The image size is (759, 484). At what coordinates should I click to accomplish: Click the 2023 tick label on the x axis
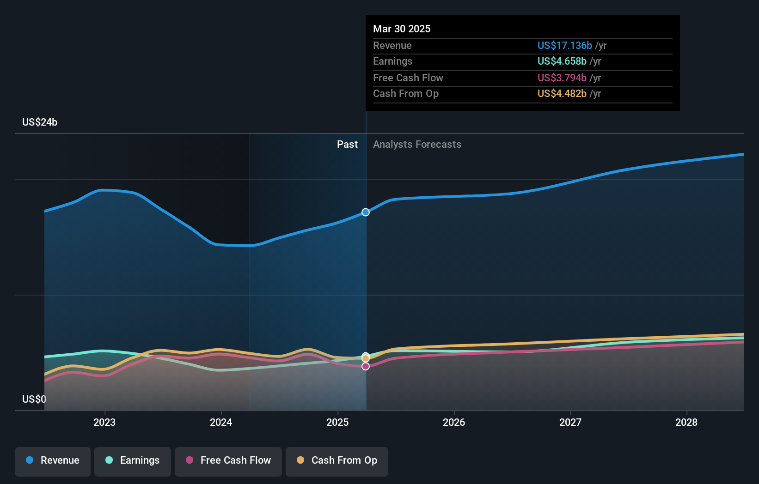coord(104,422)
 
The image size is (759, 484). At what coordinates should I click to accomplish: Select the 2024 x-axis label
coord(221,422)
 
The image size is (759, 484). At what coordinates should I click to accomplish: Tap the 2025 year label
coord(337,422)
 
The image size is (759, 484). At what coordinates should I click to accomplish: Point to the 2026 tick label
coord(454,422)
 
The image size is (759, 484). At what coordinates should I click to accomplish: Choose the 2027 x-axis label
coord(570,422)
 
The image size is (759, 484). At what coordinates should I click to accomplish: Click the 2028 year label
coord(686,422)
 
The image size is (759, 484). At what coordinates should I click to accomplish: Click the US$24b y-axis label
coord(40,122)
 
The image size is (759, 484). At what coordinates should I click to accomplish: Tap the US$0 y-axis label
coord(34,399)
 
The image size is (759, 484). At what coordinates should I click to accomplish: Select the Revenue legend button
coord(53,460)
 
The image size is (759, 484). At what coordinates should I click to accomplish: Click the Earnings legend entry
coord(133,460)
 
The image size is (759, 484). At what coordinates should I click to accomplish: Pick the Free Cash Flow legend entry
coord(228,460)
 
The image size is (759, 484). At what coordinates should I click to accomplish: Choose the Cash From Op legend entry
coord(337,460)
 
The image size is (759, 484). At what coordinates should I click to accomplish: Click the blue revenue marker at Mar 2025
coord(366,212)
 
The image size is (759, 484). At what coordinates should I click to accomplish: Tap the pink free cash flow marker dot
coord(366,366)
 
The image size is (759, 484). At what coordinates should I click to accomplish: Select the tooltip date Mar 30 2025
coord(402,29)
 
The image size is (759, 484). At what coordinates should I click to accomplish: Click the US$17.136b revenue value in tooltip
coord(564,45)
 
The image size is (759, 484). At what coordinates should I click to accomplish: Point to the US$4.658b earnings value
coord(562,61)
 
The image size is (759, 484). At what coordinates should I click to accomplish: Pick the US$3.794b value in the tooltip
coord(562,78)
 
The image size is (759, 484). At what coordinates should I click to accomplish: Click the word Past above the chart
coord(347,144)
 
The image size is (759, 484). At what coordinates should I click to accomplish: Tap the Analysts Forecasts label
coord(417,144)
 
